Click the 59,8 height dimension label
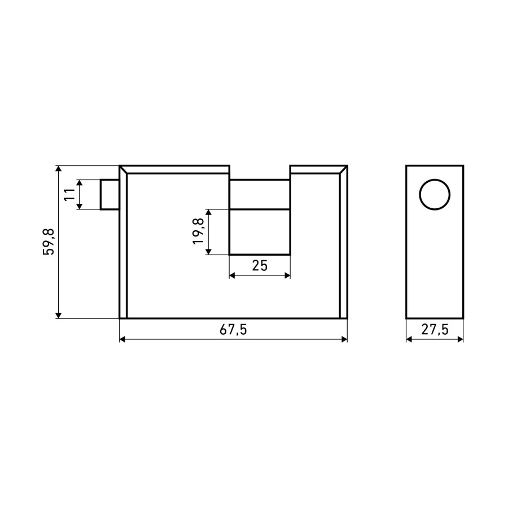point(49,242)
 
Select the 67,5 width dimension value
point(233,330)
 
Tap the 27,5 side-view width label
point(435,330)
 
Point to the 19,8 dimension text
point(198,231)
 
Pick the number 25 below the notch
point(260,266)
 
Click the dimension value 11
point(69,194)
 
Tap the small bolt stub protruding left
point(110,194)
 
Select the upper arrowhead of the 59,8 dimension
point(58,168)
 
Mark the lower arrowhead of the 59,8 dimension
point(58,315)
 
